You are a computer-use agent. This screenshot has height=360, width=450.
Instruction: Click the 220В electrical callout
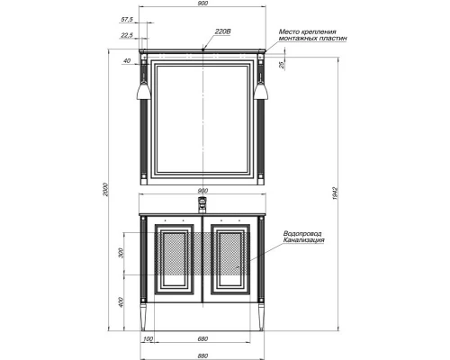(223, 33)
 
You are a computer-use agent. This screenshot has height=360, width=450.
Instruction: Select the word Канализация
(303, 241)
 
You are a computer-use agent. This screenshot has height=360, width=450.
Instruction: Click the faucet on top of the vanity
(202, 205)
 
